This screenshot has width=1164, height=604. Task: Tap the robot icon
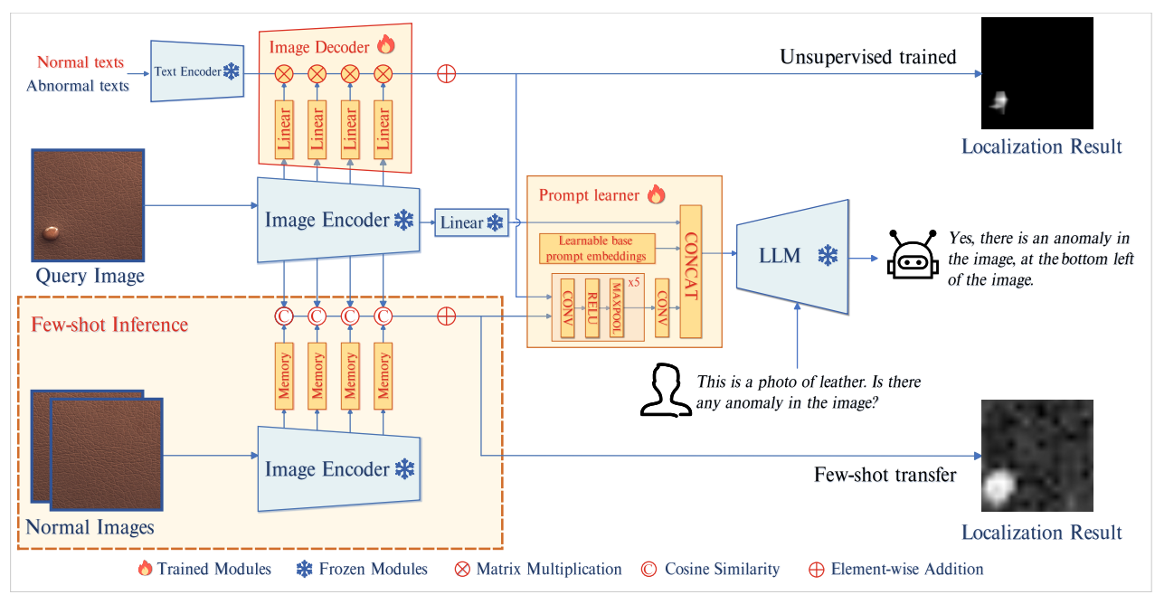pos(907,257)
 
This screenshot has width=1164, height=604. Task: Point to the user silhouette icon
pos(663,391)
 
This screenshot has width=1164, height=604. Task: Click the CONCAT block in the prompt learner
pos(692,271)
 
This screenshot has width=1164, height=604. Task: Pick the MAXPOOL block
pos(618,307)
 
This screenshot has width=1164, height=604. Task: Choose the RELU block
pos(592,307)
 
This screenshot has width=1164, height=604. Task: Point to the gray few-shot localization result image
pos(1036,456)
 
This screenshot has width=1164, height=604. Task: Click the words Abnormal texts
pos(78,86)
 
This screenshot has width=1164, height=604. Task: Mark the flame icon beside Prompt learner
pos(656,193)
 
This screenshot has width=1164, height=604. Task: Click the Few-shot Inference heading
pos(109,324)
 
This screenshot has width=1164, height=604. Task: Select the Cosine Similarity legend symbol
pos(648,570)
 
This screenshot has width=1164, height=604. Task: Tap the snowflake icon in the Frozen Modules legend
pos(304,570)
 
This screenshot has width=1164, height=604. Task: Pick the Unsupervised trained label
pos(867,58)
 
